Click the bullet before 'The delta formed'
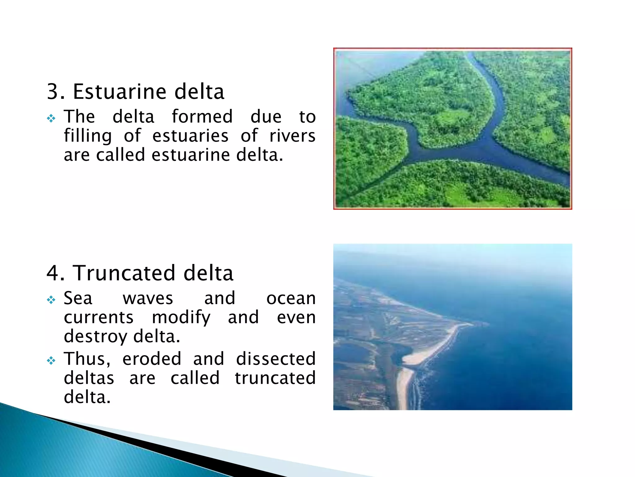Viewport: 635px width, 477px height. pyautogui.click(x=51, y=118)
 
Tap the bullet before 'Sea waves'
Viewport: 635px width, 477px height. pyautogui.click(x=51, y=300)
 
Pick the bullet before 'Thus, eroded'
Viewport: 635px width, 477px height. pyautogui.click(x=51, y=361)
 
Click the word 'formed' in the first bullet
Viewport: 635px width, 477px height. pyautogui.click(x=202, y=117)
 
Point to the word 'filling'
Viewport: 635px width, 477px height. pyautogui.click(x=88, y=136)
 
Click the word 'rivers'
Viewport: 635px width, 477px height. pyautogui.click(x=292, y=136)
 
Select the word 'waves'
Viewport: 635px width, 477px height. pyautogui.click(x=148, y=298)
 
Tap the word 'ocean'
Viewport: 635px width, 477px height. pyautogui.click(x=291, y=298)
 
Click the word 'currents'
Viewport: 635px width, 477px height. pyautogui.click(x=99, y=317)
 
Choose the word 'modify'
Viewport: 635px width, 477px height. pyautogui.click(x=181, y=317)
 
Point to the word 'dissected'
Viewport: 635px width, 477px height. pyautogui.click(x=276, y=359)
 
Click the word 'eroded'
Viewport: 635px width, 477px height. pyautogui.click(x=152, y=359)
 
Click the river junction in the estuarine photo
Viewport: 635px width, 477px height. pyautogui.click(x=477, y=149)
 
